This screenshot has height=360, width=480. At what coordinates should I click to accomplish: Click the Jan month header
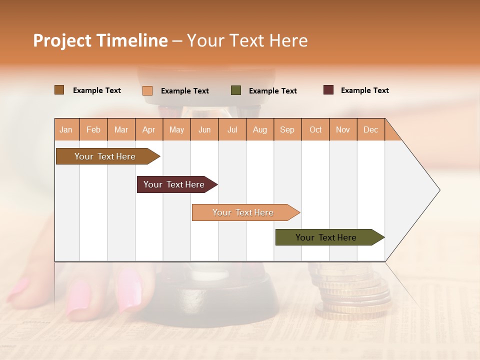tap(66, 130)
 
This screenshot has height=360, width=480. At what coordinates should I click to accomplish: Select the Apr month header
tap(149, 130)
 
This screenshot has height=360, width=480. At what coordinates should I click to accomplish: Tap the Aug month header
tap(260, 130)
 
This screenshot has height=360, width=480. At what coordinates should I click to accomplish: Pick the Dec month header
tap(370, 130)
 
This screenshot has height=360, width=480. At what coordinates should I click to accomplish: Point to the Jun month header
tap(204, 130)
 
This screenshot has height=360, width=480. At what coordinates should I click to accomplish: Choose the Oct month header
tap(315, 130)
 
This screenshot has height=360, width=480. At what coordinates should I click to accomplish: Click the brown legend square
tap(59, 90)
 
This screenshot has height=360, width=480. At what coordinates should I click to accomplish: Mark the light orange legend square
tap(147, 90)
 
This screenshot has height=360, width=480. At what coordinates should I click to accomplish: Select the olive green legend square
tap(235, 90)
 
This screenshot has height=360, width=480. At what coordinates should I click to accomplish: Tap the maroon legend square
tap(328, 90)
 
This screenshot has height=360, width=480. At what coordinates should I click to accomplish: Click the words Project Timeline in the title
tap(100, 40)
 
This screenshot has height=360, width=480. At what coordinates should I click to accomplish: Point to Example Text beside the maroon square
tap(364, 90)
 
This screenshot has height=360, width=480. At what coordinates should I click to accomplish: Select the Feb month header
tap(93, 130)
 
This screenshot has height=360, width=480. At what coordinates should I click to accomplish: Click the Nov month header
tap(343, 130)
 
